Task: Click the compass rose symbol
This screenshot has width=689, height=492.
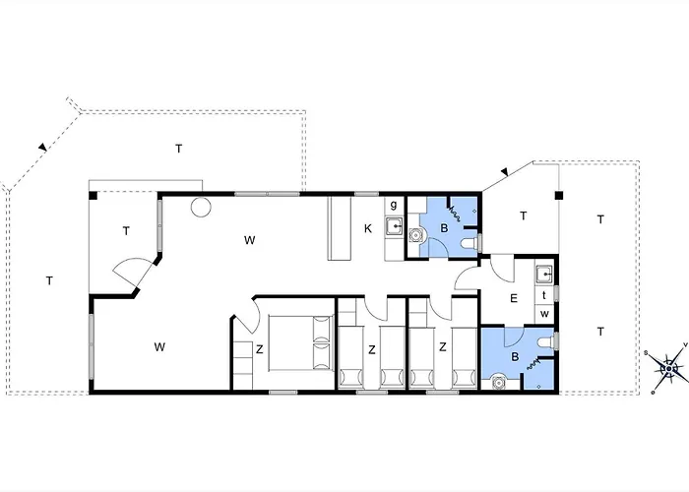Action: [671, 369]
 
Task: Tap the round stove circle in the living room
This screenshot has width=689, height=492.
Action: [202, 208]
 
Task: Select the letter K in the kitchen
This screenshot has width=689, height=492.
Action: [367, 229]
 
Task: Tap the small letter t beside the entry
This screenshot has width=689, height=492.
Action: [543, 295]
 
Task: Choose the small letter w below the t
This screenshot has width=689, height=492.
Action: [543, 314]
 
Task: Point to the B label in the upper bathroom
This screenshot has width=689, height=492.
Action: [443, 229]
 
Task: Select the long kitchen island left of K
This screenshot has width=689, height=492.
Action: [340, 228]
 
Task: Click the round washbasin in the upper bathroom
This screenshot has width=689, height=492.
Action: [415, 235]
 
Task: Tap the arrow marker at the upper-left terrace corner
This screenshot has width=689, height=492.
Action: [41, 148]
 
